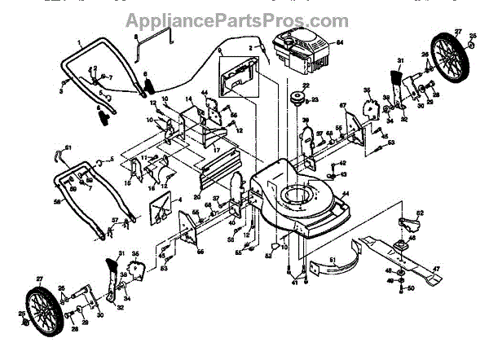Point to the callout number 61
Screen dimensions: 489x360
tap(68, 147)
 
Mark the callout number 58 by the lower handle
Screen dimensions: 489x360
tap(57, 200)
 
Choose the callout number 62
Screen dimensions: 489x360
tap(420, 213)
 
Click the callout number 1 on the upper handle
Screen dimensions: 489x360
tap(81, 40)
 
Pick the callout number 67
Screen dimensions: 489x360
tap(343, 105)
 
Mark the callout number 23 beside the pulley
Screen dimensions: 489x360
tap(315, 99)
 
